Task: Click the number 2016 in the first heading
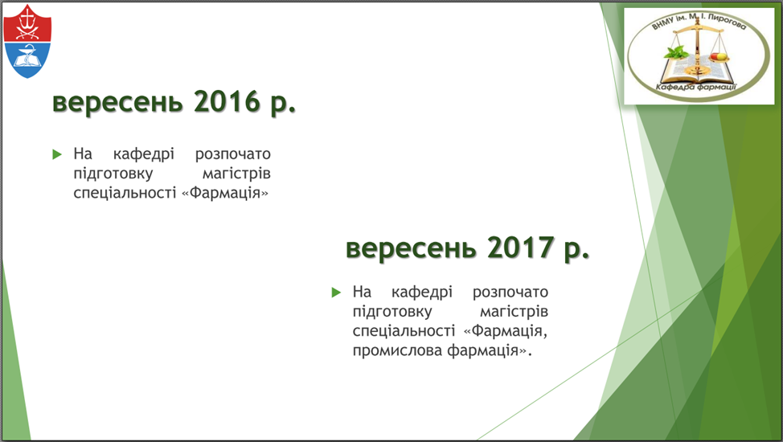(228, 101)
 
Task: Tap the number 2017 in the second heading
(520, 248)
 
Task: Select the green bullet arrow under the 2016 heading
(57, 154)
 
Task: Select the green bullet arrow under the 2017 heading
(336, 293)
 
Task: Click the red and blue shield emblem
(27, 41)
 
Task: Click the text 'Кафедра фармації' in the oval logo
(695, 88)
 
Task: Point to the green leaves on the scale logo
(676, 51)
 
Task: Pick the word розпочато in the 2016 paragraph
(232, 154)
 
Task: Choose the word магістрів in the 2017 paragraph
(514, 312)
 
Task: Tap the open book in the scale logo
(697, 71)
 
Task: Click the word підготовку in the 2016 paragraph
(113, 174)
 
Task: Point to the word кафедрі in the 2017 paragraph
(422, 293)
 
